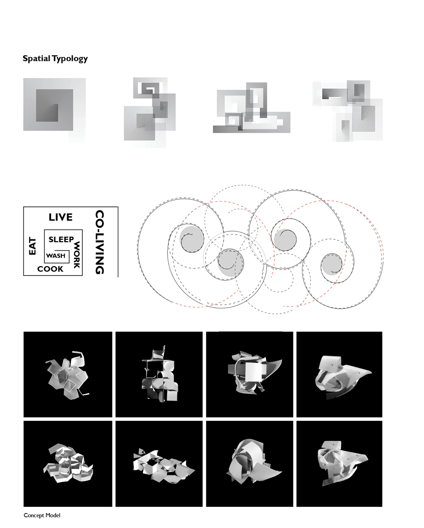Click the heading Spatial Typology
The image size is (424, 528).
click(55, 58)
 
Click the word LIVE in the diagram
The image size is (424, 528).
click(61, 217)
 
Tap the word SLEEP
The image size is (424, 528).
click(61, 239)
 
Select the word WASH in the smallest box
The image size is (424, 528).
click(56, 256)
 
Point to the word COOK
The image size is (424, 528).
click(50, 269)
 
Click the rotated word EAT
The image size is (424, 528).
click(33, 246)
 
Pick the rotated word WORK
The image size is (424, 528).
click(77, 255)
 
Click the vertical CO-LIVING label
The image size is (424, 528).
click(99, 242)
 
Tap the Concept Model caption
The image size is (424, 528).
click(42, 515)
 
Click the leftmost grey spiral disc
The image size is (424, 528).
click(192, 239)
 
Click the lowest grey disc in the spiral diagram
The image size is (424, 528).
click(231, 263)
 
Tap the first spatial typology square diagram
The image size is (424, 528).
click(54, 110)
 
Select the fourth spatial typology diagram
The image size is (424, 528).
click(347, 111)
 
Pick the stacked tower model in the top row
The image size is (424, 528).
click(159, 374)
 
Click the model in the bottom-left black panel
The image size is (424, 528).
click(68, 463)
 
